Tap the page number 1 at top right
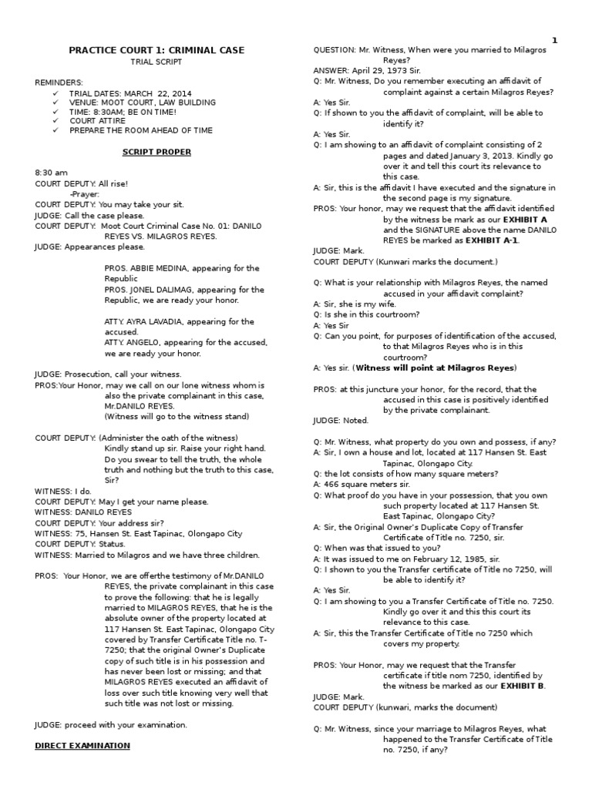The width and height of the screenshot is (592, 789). coord(554,40)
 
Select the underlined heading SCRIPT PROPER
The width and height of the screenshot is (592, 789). coord(156,152)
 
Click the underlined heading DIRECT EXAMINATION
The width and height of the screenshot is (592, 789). coord(82,745)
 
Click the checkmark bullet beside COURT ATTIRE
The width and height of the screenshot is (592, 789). coord(55,121)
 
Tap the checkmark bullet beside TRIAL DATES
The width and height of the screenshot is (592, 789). coord(55,92)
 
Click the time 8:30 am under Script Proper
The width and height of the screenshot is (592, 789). coord(52,173)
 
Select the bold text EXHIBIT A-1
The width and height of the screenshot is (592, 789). coord(493,240)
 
